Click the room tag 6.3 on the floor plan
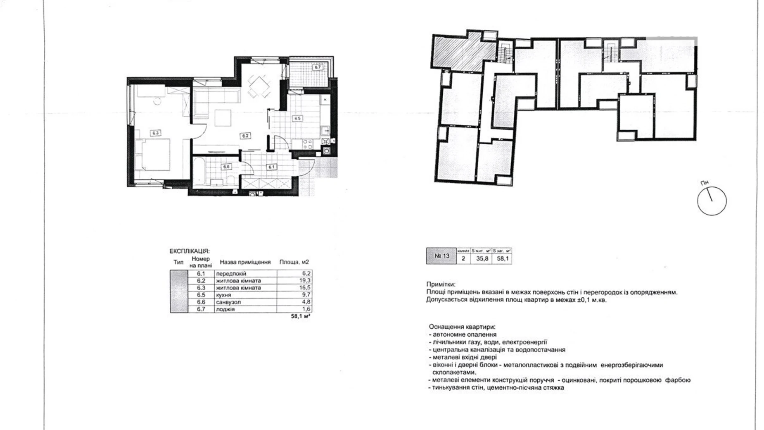pos(156,133)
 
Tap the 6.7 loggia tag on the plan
pos(317,67)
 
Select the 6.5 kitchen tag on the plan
pos(297,118)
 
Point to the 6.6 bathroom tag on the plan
pos(226,167)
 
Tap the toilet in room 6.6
pos(231,180)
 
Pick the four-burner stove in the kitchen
pos(308,144)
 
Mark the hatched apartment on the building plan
pos(463,52)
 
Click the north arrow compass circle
pos(712,201)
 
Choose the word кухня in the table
pos(223,295)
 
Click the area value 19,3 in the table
pos(306,281)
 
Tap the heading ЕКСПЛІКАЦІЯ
pos(189,251)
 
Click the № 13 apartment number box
pos(441,256)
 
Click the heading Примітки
pos(441,284)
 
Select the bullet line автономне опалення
pos(463,334)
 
